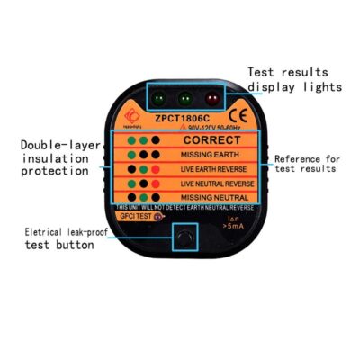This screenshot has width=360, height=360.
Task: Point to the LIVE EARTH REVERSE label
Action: [x=211, y=169]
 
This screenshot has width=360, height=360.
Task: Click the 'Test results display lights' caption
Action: [x=295, y=79]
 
